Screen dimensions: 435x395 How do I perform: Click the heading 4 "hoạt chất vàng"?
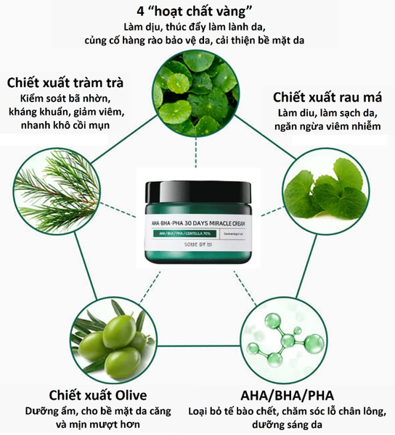(198, 12)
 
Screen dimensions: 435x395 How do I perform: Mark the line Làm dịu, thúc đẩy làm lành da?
(198, 28)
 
